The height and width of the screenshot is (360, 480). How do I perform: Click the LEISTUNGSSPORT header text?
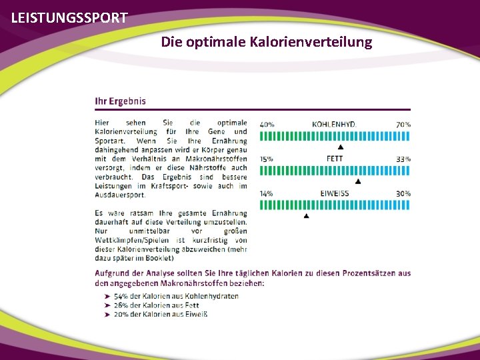pyautogui.click(x=69, y=18)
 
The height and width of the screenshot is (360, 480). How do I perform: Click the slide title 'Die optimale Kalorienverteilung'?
pyautogui.click(x=267, y=42)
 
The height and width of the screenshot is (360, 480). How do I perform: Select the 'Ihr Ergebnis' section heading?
pyautogui.click(x=120, y=101)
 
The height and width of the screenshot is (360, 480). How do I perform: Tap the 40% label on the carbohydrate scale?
pyautogui.click(x=267, y=124)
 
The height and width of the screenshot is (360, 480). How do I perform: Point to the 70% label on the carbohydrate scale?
pyautogui.click(x=403, y=124)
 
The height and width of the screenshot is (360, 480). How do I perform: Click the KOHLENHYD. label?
pyautogui.click(x=334, y=124)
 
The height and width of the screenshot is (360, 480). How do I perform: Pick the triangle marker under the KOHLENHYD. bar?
pyautogui.click(x=341, y=147)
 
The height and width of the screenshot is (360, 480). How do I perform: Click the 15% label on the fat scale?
pyautogui.click(x=267, y=159)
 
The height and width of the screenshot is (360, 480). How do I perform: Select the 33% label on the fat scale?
pyautogui.click(x=403, y=159)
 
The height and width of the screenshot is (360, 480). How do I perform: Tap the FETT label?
pyautogui.click(x=335, y=159)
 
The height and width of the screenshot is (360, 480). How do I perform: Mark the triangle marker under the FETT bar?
pyautogui.click(x=358, y=181)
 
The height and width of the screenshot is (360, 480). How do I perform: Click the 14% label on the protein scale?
pyautogui.click(x=267, y=193)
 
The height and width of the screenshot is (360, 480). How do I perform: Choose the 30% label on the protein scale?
pyautogui.click(x=403, y=193)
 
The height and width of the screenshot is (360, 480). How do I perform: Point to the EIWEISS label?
pyautogui.click(x=334, y=193)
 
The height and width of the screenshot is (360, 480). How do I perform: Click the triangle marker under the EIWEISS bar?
pyautogui.click(x=306, y=216)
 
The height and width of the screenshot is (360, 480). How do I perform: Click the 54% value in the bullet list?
pyautogui.click(x=121, y=296)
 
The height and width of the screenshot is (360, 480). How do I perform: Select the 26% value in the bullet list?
pyautogui.click(x=121, y=305)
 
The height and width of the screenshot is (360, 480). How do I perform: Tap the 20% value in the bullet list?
pyautogui.click(x=121, y=315)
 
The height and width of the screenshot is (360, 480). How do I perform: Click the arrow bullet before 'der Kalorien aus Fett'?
pyautogui.click(x=107, y=305)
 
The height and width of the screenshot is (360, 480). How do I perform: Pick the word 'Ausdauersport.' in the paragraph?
pyautogui.click(x=120, y=195)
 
